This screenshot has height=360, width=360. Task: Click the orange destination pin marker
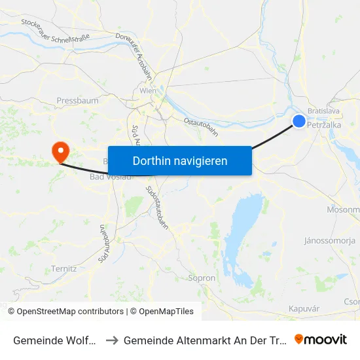(60, 152)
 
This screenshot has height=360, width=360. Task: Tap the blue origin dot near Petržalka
(298, 121)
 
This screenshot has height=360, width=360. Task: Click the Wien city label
(147, 91)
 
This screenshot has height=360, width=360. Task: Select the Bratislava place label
(323, 111)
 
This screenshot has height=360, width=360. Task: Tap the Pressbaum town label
(77, 101)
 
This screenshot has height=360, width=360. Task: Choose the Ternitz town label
(64, 268)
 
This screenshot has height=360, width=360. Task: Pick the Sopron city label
(202, 278)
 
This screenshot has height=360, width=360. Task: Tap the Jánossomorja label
(329, 240)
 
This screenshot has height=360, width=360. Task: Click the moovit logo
(321, 339)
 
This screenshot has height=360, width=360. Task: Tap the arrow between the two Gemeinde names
(111, 340)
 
